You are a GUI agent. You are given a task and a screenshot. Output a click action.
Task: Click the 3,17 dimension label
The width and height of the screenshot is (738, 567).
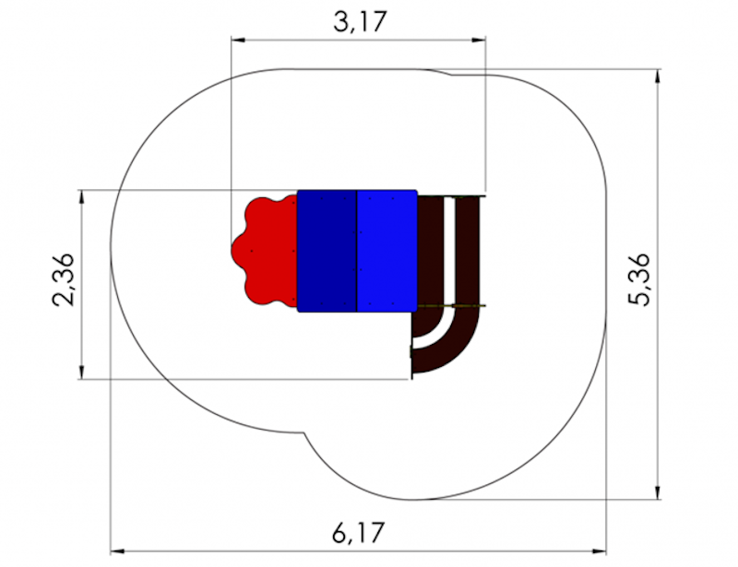coord(360,21)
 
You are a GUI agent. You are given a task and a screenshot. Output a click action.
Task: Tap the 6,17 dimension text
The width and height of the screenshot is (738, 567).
coord(359,532)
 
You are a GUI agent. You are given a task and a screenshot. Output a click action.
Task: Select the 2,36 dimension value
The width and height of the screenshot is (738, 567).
coord(64,279)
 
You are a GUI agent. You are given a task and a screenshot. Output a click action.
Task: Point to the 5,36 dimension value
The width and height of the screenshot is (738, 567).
coord(639,279)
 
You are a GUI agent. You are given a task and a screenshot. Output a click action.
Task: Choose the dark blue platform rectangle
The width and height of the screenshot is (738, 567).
coord(327,251)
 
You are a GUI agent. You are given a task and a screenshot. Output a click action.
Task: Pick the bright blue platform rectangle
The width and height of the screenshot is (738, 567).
coord(387,251)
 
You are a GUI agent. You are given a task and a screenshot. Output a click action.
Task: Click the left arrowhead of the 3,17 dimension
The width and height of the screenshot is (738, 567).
coord(238,41)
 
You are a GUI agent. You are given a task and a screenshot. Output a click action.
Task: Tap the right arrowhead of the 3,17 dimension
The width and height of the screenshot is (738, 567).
coord(479,41)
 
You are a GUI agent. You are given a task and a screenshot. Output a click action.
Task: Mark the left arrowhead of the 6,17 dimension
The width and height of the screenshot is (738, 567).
coord(117,550)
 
